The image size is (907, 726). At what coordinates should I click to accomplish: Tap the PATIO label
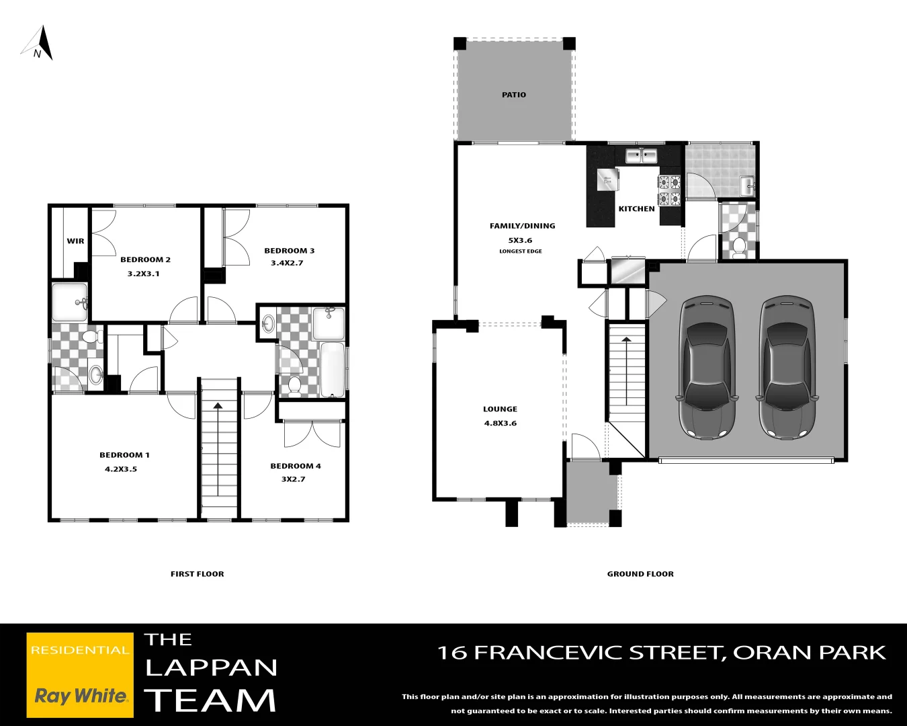(x=514, y=95)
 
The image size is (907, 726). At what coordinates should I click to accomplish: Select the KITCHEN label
(x=636, y=209)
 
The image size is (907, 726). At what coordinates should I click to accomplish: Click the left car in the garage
(x=705, y=366)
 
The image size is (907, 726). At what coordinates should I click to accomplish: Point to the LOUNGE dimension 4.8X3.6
(x=501, y=424)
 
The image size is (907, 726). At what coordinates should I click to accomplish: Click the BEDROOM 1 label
(x=124, y=455)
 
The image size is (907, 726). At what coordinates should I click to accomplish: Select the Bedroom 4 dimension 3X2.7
(x=293, y=479)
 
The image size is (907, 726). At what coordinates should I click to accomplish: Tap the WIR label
(x=75, y=241)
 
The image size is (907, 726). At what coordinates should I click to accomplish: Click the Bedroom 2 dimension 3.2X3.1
(x=144, y=274)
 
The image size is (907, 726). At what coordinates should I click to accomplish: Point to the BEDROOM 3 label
(x=289, y=251)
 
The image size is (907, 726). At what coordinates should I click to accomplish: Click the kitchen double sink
(x=641, y=156)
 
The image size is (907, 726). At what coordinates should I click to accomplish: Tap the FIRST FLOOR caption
(x=197, y=574)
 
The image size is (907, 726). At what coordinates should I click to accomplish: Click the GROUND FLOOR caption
(x=640, y=574)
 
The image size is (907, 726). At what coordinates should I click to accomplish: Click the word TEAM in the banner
(x=210, y=700)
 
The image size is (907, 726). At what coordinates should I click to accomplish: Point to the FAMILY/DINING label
(x=522, y=226)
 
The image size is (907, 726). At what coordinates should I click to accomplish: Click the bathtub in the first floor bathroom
(x=333, y=370)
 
